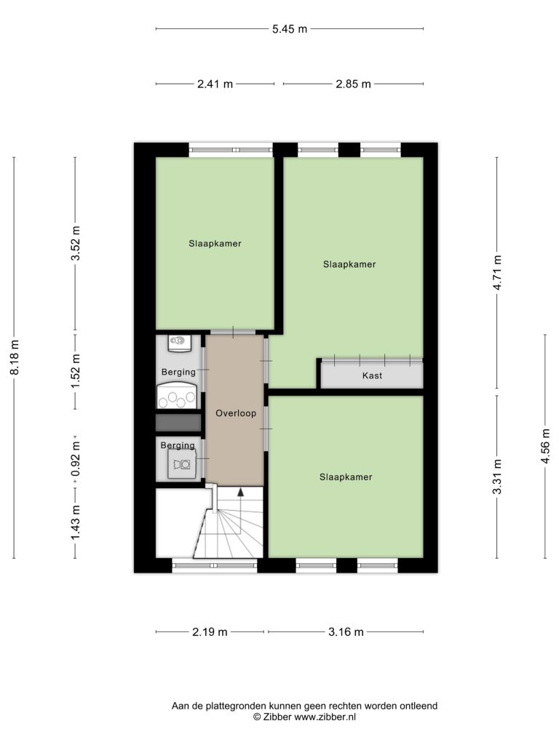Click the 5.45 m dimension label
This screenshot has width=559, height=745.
[290, 29]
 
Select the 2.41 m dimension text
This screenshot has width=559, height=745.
[215, 84]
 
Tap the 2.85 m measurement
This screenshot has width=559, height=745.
[353, 84]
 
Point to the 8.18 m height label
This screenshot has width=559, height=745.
[15, 357]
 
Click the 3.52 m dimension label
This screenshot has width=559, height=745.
[76, 243]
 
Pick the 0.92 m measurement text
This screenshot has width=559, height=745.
[76, 459]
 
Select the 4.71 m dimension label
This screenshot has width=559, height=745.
[497, 273]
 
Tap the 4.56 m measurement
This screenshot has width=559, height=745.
[546, 446]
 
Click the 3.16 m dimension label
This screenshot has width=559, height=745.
[346, 632]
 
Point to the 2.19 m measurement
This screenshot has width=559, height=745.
[210, 632]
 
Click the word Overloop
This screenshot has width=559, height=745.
[236, 413]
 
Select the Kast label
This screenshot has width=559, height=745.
[372, 375]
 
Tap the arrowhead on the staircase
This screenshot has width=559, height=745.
[240, 492]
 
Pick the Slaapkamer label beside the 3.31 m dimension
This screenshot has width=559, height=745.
[346, 477]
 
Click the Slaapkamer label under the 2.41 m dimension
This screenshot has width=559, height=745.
[215, 244]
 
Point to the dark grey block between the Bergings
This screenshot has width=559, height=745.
[179, 423]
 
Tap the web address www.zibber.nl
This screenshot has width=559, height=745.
[325, 717]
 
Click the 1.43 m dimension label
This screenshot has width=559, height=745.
[76, 522]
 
